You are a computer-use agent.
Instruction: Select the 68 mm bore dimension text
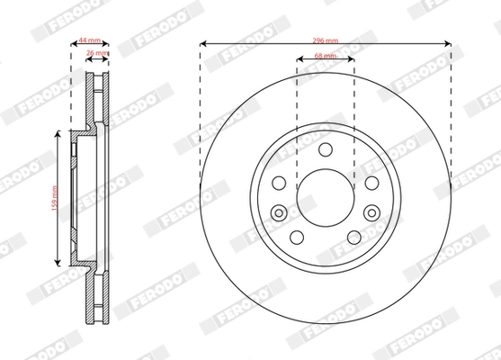[x=325, y=57]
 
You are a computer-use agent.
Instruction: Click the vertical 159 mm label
[x=54, y=196]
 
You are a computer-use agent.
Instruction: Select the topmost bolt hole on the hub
[x=325, y=150]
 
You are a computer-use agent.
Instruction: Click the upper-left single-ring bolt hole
[x=280, y=183]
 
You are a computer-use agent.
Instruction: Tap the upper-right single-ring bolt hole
[x=370, y=183]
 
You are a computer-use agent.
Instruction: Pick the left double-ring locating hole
[x=279, y=213]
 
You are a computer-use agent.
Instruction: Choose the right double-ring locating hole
[x=371, y=213]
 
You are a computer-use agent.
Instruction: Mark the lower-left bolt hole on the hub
[x=297, y=236]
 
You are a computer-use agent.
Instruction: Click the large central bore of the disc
[x=325, y=197]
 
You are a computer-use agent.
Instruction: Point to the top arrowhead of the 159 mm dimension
[x=59, y=133]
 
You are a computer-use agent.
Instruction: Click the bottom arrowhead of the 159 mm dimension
[x=59, y=260]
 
